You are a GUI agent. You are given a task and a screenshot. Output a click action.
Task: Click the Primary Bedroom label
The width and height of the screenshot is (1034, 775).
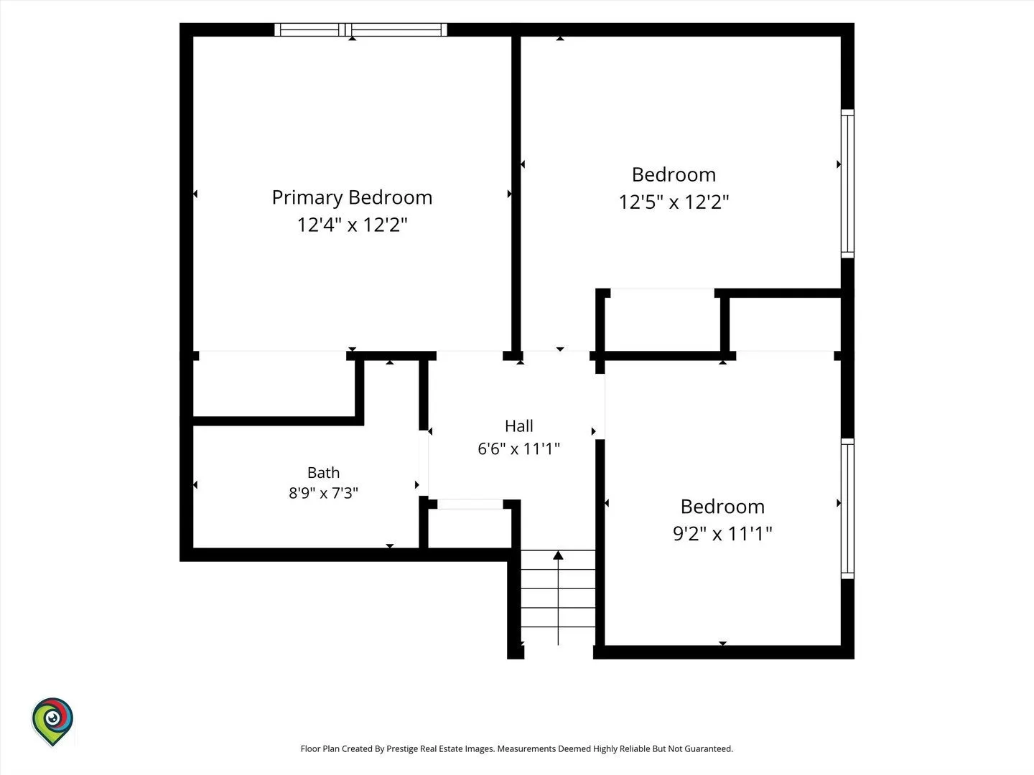[352, 197]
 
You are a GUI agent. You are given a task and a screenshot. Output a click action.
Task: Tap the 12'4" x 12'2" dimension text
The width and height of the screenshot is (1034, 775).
[352, 225]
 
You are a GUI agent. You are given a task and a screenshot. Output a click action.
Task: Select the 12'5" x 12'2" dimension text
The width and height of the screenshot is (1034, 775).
[674, 202]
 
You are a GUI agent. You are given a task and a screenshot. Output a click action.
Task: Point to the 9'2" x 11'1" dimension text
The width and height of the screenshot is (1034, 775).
[722, 534]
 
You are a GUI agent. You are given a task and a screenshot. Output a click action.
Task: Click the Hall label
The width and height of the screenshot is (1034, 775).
[518, 426]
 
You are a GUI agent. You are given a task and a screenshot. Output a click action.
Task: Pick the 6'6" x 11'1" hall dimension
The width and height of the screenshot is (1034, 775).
[518, 448]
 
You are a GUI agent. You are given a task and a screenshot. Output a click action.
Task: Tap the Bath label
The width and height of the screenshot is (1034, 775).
[323, 472]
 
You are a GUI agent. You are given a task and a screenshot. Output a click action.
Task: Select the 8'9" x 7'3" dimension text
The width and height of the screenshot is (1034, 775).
[323, 493]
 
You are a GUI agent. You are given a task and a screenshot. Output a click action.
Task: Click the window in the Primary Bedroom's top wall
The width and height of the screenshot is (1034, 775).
[361, 29]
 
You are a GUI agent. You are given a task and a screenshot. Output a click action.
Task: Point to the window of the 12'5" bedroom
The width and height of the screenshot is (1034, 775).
[847, 184]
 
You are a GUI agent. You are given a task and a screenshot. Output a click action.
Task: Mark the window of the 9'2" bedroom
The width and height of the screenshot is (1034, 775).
[847, 509]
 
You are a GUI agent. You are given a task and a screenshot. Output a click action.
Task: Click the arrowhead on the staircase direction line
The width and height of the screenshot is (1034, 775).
[558, 555]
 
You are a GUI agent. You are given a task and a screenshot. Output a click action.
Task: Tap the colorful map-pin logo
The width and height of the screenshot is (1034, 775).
[52, 721]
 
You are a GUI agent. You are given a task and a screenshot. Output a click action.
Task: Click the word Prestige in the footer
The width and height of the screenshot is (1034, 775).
[402, 748]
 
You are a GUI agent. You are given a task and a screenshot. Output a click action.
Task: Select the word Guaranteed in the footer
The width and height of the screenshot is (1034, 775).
[709, 748]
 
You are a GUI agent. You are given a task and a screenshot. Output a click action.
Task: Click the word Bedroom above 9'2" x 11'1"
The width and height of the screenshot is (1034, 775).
[722, 507]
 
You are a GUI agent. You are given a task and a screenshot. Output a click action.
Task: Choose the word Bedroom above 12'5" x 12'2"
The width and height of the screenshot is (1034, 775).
[674, 174]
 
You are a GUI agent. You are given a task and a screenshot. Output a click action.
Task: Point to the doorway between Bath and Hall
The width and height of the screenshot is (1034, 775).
[424, 463]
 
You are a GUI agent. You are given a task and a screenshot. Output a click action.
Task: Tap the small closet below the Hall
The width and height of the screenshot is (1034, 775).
[470, 528]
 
